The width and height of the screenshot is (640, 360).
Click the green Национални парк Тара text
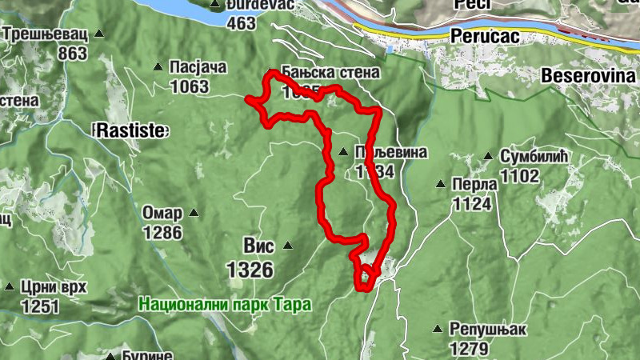(x=224, y=305)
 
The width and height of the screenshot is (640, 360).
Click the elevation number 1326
(x=250, y=270)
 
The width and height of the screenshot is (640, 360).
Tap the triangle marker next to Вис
(x=288, y=246)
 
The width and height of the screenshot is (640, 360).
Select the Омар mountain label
(x=162, y=214)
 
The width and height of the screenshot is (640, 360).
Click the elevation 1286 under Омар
(x=163, y=233)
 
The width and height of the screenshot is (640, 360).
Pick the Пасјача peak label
(x=199, y=66)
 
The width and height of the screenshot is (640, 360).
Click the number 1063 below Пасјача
(x=189, y=86)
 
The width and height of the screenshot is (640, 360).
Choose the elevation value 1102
(x=520, y=175)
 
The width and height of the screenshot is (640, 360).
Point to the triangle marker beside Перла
(x=440, y=184)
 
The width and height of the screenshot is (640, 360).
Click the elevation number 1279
(x=470, y=349)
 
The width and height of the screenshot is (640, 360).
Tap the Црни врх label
(x=54, y=287)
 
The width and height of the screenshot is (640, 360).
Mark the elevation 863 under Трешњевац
(x=72, y=54)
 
